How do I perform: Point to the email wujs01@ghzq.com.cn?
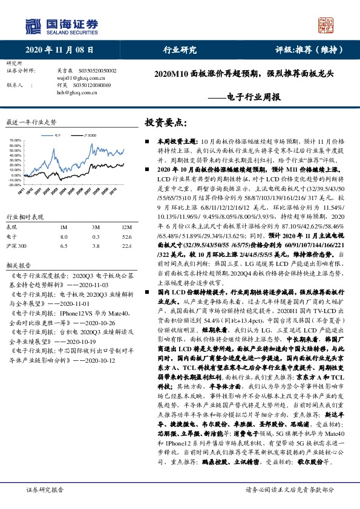click(77, 77)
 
